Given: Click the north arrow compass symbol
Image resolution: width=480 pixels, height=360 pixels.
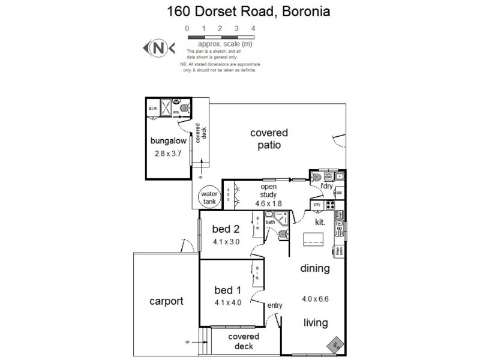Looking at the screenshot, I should tap(158, 47).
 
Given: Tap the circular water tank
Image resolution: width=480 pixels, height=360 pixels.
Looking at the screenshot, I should tap(209, 198).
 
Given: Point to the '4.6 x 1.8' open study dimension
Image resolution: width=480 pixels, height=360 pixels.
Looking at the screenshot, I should tap(268, 202).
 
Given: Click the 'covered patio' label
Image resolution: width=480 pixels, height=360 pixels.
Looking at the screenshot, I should tap(269, 139).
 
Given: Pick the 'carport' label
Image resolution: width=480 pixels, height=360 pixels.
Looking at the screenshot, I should tap(166, 301).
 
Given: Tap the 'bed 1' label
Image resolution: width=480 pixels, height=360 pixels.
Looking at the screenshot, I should tap(227, 290).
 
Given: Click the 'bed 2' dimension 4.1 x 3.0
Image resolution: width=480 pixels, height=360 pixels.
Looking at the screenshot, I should tap(227, 242).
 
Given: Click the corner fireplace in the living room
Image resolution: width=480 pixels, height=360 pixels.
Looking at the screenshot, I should tap(335, 344).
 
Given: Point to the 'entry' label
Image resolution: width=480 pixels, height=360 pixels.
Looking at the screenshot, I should tap(275, 305).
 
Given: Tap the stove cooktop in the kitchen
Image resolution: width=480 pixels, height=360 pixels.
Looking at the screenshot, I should tap(330, 205).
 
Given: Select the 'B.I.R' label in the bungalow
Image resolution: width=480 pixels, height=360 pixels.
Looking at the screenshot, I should tap(152, 109).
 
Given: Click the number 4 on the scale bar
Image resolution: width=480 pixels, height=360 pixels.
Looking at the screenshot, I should tap(253, 28).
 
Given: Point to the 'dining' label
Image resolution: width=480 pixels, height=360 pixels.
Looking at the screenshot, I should tap(315, 269).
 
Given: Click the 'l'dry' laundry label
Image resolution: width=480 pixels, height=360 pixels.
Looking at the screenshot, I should tap(326, 187).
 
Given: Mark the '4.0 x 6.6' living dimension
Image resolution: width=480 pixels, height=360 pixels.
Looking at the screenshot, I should tap(316, 298).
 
